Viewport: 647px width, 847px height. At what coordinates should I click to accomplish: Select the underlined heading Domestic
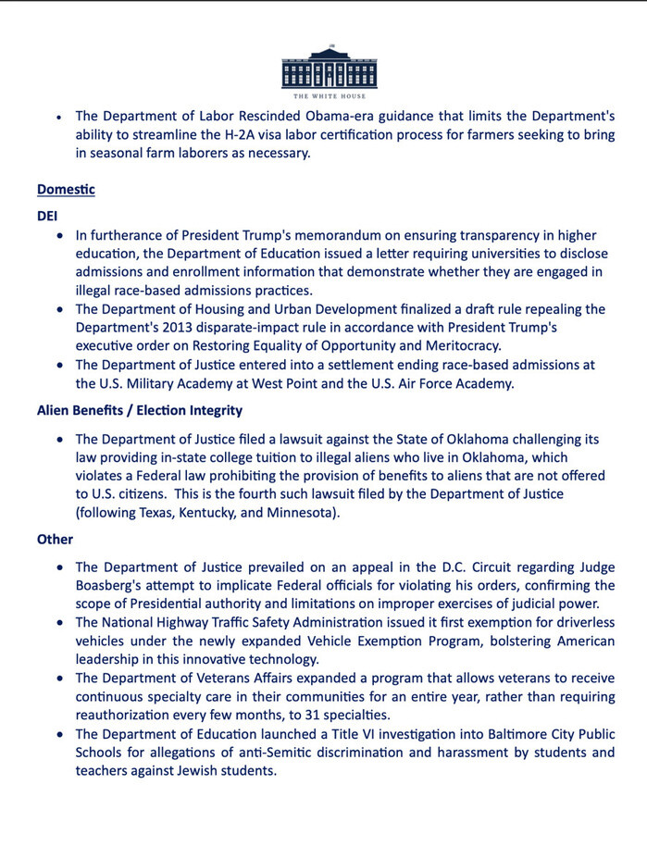(66, 190)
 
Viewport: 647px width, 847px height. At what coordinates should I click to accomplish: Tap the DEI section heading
(47, 214)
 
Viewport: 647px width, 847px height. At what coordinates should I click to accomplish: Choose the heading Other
(55, 539)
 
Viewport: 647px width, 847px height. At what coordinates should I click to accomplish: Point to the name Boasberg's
(114, 586)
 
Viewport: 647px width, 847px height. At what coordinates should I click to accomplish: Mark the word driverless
(577, 622)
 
